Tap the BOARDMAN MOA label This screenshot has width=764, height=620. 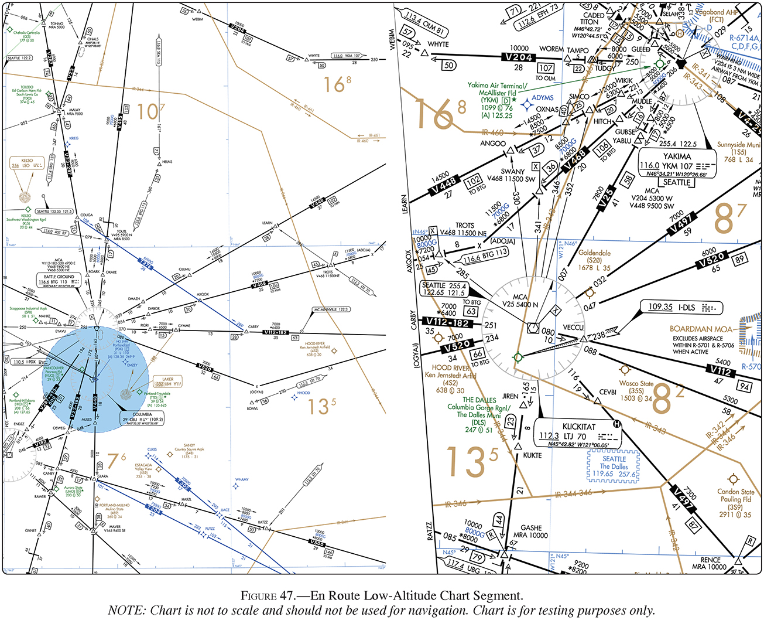click(701, 329)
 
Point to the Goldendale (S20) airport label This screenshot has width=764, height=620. click(594, 260)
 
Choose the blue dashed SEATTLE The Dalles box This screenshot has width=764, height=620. click(614, 466)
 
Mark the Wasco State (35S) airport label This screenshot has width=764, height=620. click(636, 391)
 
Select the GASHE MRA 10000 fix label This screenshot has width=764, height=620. click(530, 532)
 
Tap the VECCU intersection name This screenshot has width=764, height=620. click(573, 328)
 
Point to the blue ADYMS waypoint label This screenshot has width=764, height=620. click(542, 98)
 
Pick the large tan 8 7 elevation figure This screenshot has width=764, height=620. click(729, 218)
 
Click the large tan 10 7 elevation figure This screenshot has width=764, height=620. click(150, 111)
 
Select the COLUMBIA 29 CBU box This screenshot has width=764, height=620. click(142, 417)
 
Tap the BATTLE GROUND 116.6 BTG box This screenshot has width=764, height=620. click(59, 281)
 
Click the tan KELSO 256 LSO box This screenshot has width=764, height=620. click(28, 163)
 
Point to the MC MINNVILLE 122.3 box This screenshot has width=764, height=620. click(331, 309)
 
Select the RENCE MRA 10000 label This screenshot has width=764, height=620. click(710, 563)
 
